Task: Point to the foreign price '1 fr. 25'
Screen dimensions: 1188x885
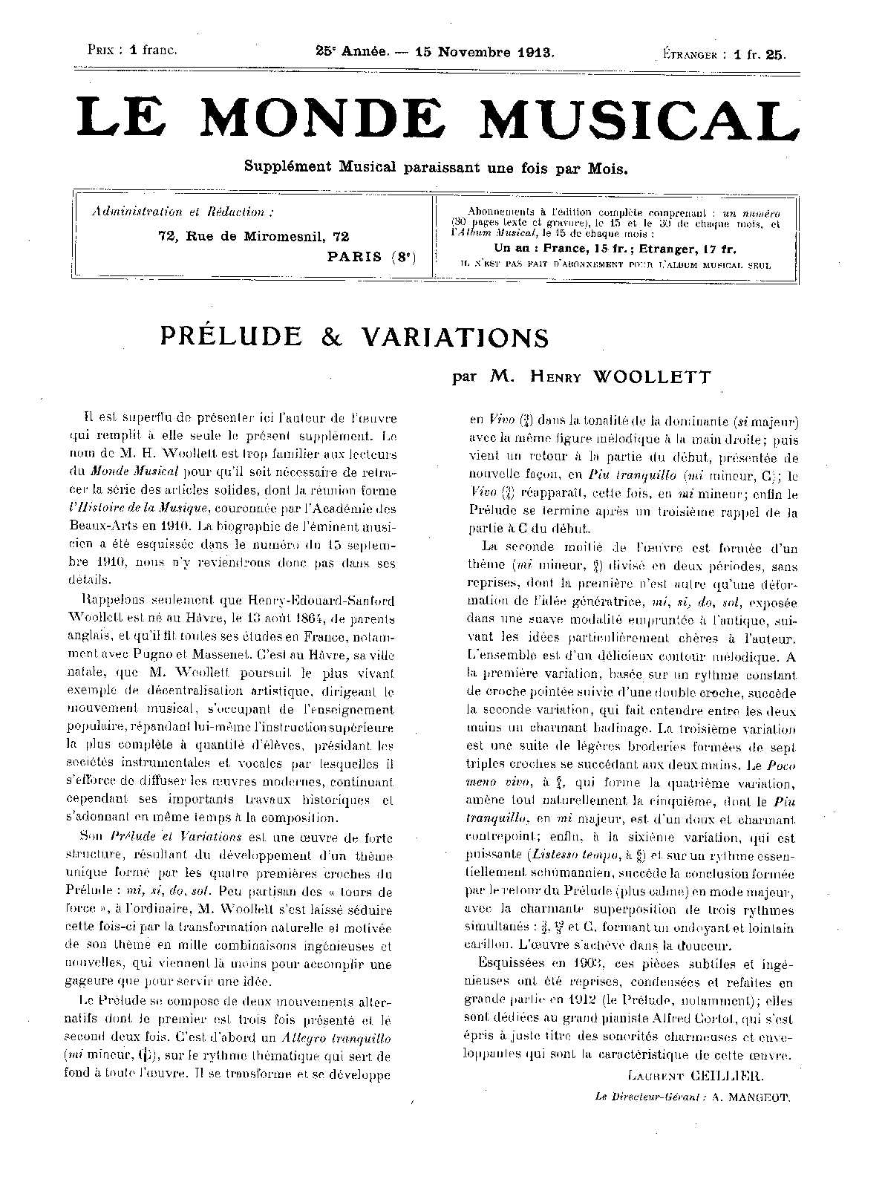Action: (x=760, y=53)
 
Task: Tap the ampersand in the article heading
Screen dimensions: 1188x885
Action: (x=331, y=337)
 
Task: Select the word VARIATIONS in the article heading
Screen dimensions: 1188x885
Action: (x=455, y=337)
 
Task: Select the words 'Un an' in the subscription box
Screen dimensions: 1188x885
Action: (x=512, y=249)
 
